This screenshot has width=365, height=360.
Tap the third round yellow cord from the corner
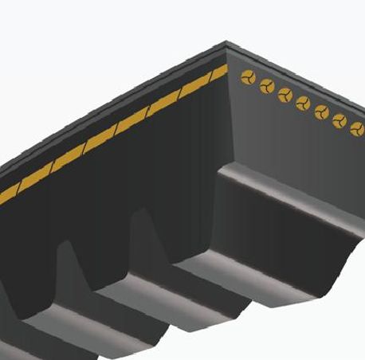coord(285,95)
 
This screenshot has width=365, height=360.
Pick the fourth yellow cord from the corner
coord(303,103)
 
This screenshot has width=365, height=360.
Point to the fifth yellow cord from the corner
coord(322,111)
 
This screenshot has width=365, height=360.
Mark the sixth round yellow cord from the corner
coord(339,119)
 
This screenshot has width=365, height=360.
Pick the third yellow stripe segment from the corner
coord(163,104)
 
